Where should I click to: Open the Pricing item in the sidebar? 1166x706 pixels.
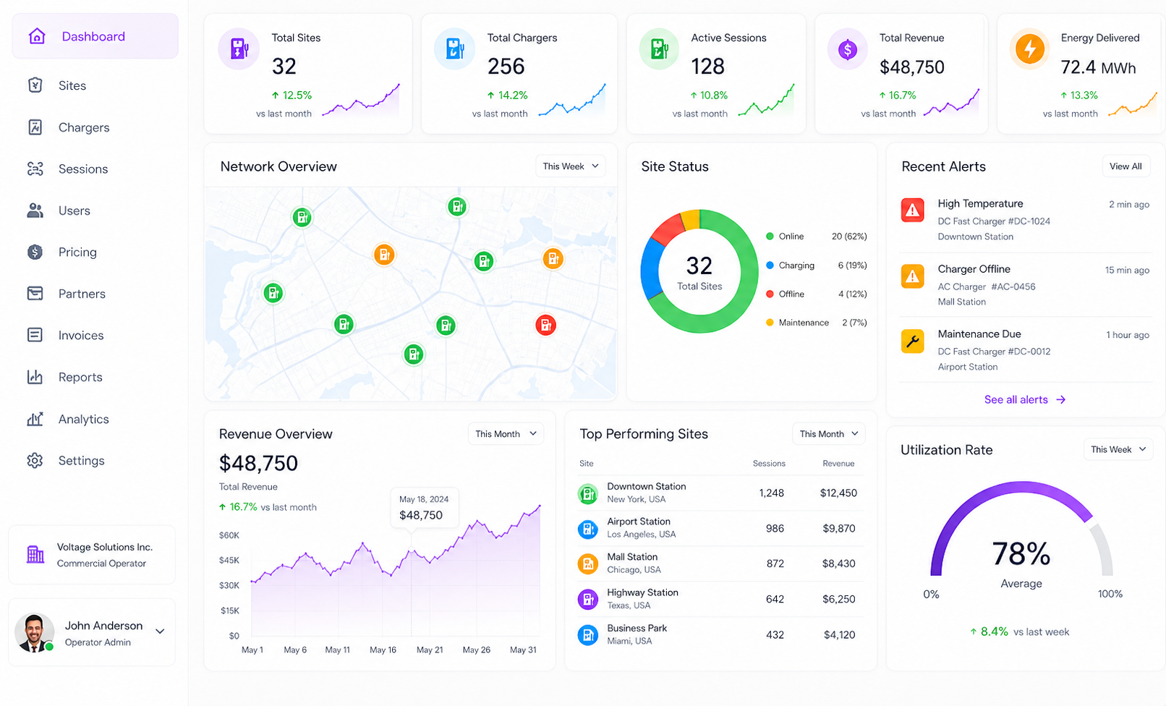[x=77, y=252]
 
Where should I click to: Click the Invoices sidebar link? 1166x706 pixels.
[x=81, y=336]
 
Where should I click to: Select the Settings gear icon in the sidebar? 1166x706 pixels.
[x=35, y=461]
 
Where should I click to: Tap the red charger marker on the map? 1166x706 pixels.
[x=545, y=326]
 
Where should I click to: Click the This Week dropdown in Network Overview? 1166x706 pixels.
[x=571, y=166]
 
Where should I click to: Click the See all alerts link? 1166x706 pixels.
[x=1024, y=399]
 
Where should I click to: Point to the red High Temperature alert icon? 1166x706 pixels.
[x=913, y=210]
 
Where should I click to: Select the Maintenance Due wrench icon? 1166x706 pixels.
[x=913, y=341]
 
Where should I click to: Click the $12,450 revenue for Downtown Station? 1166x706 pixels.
[x=838, y=493]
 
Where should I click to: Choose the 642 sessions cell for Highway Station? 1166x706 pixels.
[x=775, y=599]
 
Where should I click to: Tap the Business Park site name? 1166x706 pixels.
[x=637, y=628]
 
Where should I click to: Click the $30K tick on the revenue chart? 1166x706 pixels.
[x=229, y=585]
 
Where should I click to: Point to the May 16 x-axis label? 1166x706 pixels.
[x=383, y=650]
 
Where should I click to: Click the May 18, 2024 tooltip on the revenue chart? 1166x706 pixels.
[x=425, y=508]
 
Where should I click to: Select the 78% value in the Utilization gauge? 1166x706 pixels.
[x=1021, y=553]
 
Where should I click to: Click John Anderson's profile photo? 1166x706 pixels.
[x=34, y=632]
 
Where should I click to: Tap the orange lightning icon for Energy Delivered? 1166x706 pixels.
[x=1029, y=49]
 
